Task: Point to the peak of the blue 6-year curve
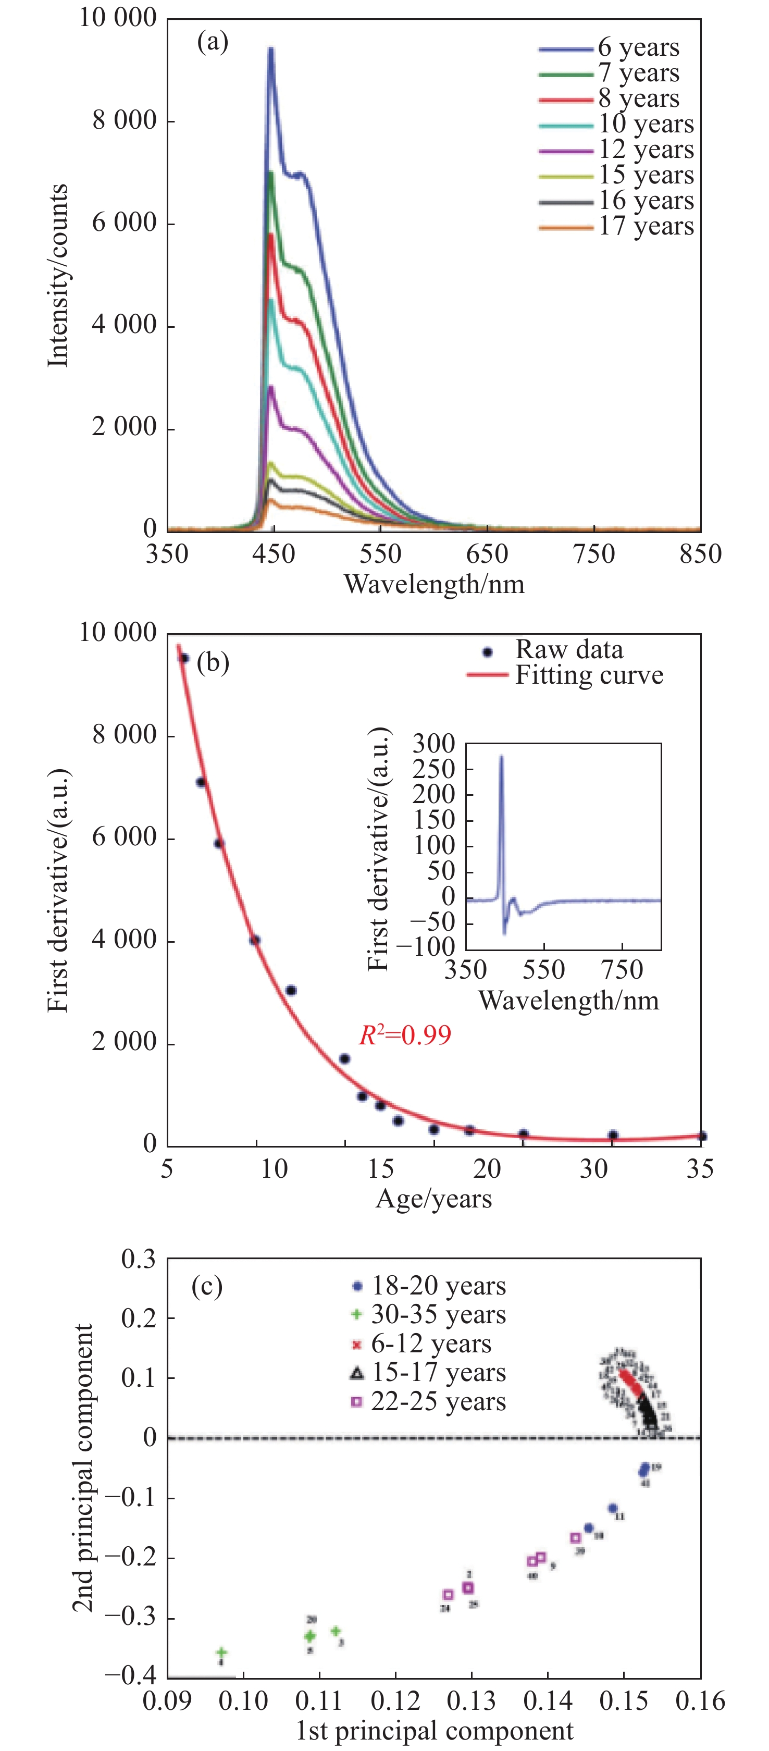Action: coord(271,49)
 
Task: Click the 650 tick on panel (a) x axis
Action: coord(487,554)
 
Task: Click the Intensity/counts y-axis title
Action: coord(58,275)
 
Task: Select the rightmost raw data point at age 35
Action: coord(702,1136)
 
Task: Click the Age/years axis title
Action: coord(433,1199)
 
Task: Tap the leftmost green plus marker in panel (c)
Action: coord(221,1653)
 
